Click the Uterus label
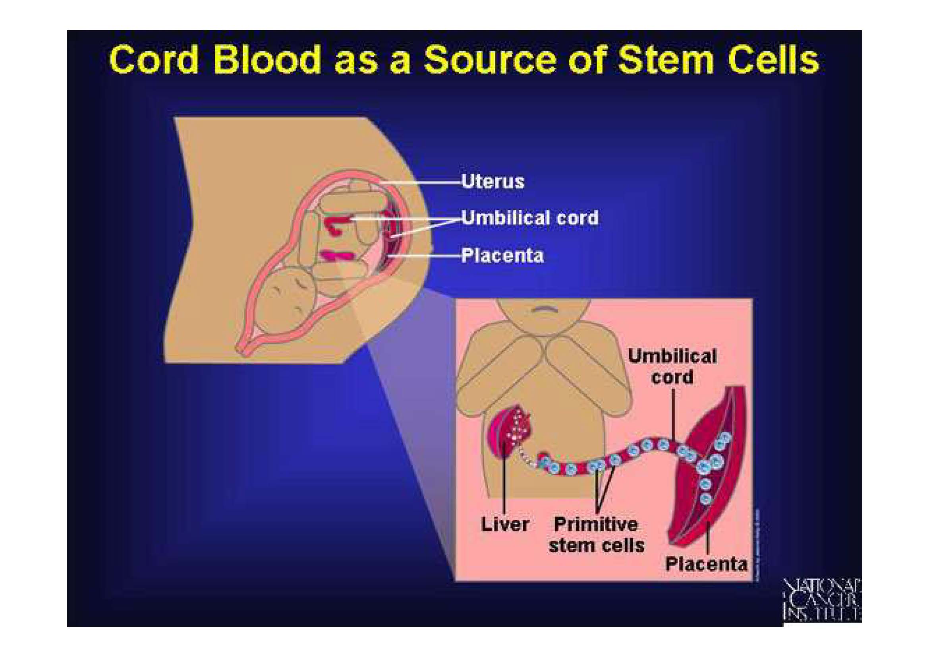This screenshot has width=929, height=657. pyautogui.click(x=493, y=181)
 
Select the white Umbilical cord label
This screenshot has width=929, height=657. pyautogui.click(x=530, y=218)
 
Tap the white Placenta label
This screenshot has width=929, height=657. pyautogui.click(x=502, y=256)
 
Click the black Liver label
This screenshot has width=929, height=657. pyautogui.click(x=504, y=524)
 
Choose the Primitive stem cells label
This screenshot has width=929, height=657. pyautogui.click(x=596, y=535)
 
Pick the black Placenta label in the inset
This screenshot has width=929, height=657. pyautogui.click(x=706, y=564)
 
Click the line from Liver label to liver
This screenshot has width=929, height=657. pyautogui.click(x=504, y=482)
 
